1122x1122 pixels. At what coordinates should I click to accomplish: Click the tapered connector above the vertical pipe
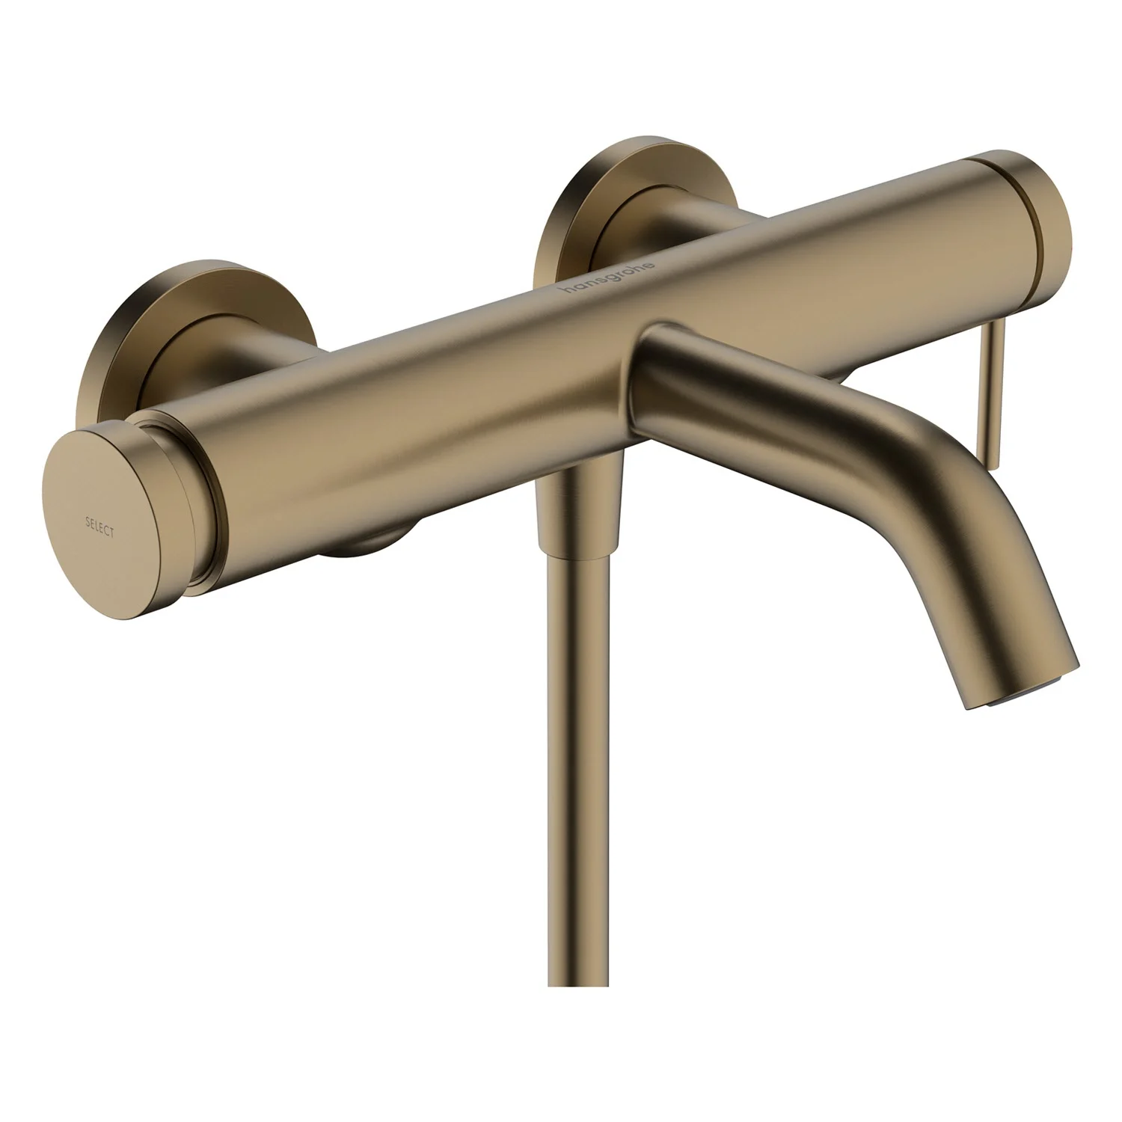click(x=579, y=509)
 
